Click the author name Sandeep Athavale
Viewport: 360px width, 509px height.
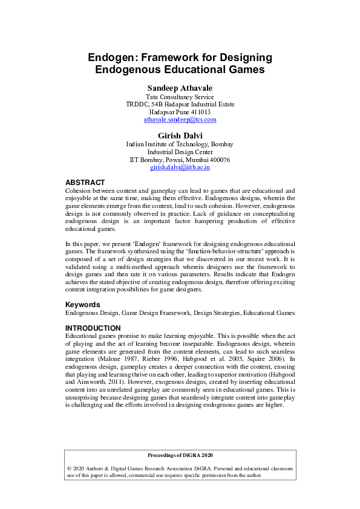pos(180,88)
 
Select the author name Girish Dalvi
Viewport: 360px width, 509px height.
pos(180,135)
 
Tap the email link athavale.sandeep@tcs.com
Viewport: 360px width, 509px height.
pos(180,120)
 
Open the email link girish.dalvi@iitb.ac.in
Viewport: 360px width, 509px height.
pos(180,167)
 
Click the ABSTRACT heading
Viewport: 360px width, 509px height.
pos(85,182)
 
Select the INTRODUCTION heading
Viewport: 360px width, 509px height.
pos(93,328)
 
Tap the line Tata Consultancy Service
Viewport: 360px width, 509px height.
pos(180,97)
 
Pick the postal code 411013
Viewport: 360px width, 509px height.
pos(198,112)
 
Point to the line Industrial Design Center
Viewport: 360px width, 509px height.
pos(180,152)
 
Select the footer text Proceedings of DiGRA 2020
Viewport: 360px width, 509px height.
pos(180,455)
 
